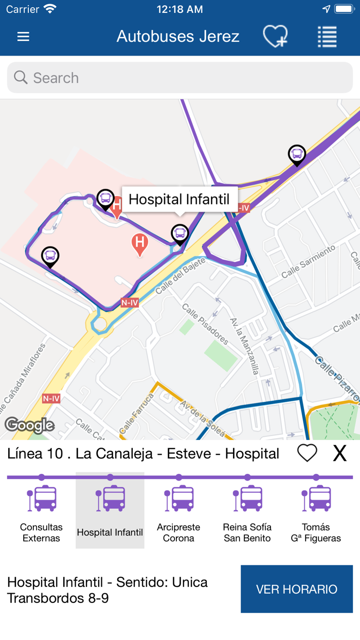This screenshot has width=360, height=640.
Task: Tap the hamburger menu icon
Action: pos(23,37)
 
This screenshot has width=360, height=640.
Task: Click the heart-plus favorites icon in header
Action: pos(275,37)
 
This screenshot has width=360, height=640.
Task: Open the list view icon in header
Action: pos(327,37)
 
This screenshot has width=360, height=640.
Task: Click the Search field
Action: pos(180,78)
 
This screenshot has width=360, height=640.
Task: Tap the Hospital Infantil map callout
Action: pos(179,199)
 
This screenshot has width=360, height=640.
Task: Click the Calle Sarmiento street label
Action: pos(309,261)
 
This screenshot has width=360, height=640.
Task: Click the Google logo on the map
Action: pos(30,425)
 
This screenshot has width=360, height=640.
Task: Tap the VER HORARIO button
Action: pos(297,589)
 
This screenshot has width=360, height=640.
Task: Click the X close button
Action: pos(340,453)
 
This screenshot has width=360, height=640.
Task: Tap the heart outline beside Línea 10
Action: pos(307,453)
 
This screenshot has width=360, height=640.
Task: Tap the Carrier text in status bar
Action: pos(23,9)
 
